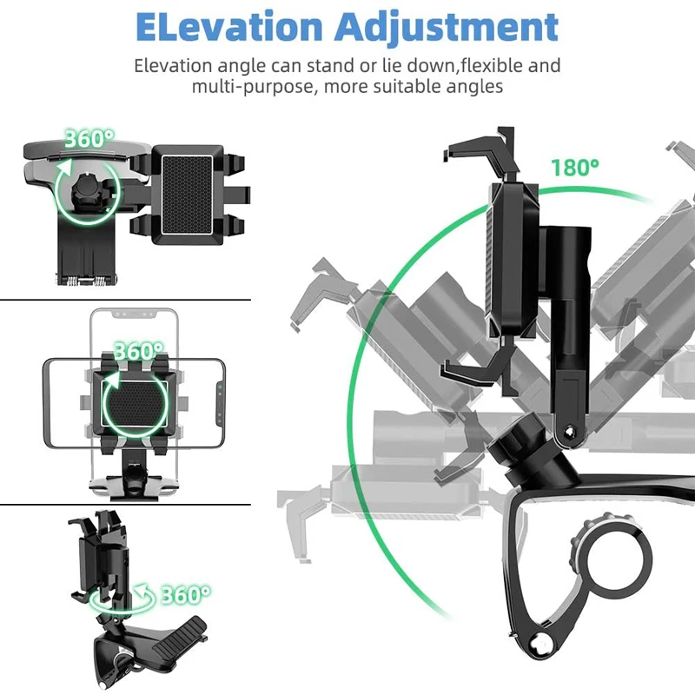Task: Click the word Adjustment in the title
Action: pyautogui.click(x=447, y=28)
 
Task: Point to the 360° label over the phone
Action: pyautogui.click(x=138, y=352)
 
